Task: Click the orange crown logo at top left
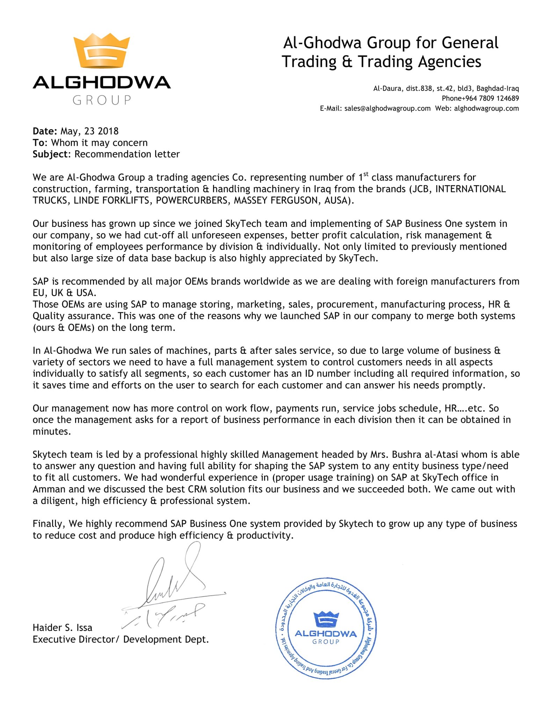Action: pyautogui.click(x=101, y=51)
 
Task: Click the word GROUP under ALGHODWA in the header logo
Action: pyautogui.click(x=102, y=100)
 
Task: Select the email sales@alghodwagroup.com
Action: pyautogui.click(x=387, y=108)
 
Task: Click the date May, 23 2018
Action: pyautogui.click(x=89, y=131)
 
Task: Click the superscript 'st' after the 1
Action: pyautogui.click(x=366, y=174)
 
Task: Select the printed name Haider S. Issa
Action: pyautogui.click(x=63, y=628)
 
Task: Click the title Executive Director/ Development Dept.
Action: pyautogui.click(x=121, y=639)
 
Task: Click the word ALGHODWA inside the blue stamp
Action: pyautogui.click(x=326, y=633)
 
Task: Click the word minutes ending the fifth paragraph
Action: pyautogui.click(x=51, y=431)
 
